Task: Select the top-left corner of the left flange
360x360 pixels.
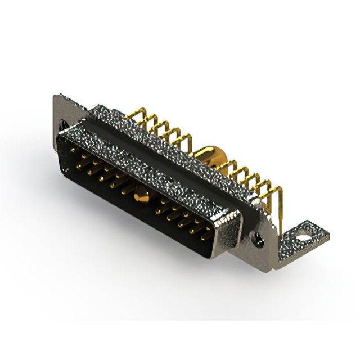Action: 56,97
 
